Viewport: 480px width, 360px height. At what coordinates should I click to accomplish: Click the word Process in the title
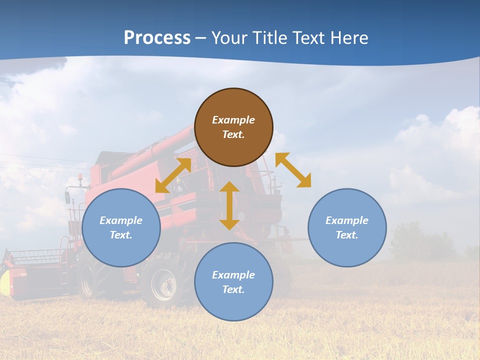[157, 38]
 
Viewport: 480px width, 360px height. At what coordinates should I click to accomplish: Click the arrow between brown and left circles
[173, 175]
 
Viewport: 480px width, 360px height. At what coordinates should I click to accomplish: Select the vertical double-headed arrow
[229, 205]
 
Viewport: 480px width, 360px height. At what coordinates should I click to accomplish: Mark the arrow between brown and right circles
[293, 170]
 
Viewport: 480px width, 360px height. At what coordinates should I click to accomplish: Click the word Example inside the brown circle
[233, 120]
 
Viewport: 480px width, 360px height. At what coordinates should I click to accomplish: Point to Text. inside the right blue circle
[347, 235]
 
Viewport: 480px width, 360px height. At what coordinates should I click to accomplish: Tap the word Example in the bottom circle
[233, 275]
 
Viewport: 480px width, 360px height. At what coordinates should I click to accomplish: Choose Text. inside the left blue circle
[121, 235]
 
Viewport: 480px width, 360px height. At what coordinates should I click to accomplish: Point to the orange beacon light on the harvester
[80, 177]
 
